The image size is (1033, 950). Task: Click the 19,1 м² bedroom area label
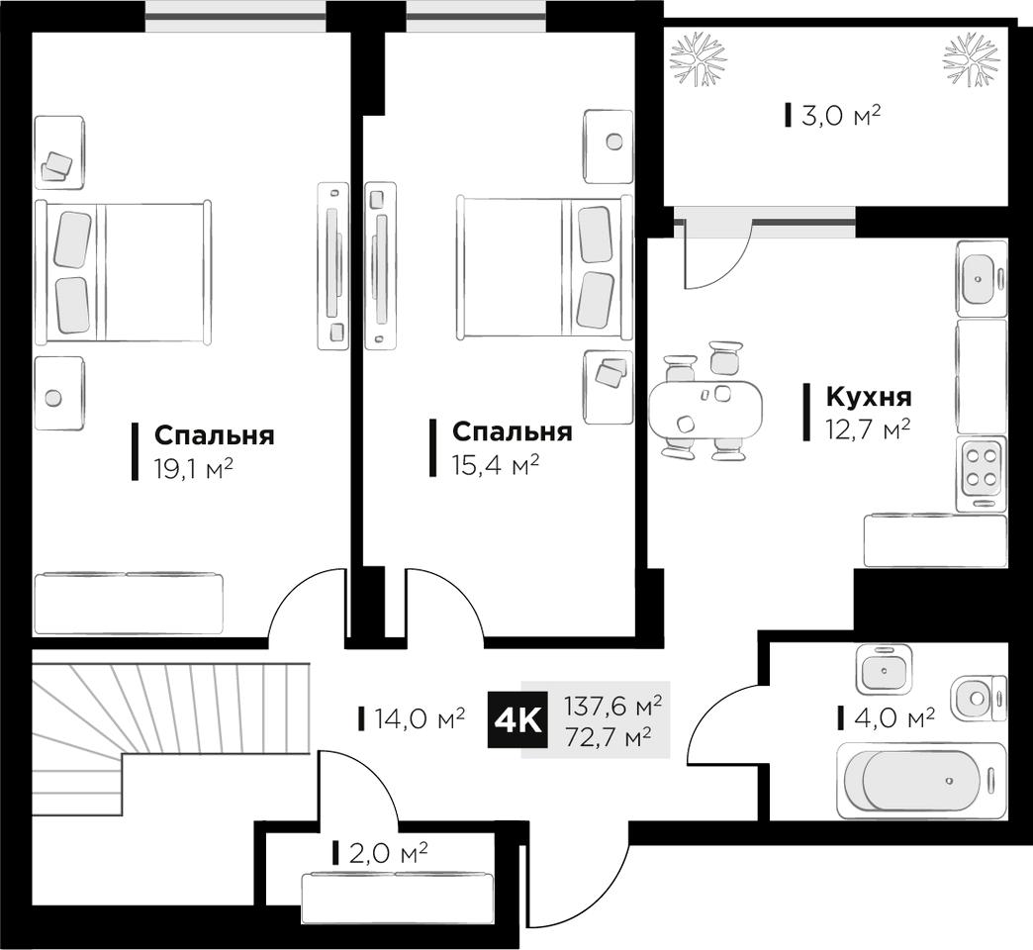[x=193, y=469]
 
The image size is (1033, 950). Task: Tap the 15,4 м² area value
[x=496, y=465]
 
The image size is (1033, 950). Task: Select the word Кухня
[x=869, y=397]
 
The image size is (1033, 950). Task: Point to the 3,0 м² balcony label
[x=841, y=116]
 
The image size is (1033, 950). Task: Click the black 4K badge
[x=517, y=720]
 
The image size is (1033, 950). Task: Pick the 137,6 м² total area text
[x=612, y=707]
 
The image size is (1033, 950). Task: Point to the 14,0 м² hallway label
[x=420, y=717]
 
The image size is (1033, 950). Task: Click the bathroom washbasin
[x=885, y=666]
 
